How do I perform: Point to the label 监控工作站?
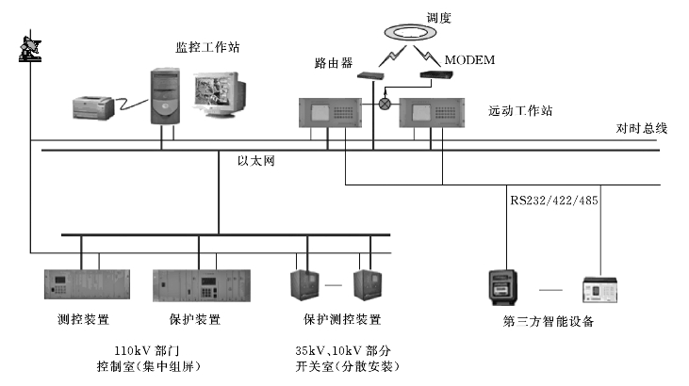coord(207,46)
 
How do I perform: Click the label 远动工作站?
coord(521,110)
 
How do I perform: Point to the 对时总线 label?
coord(642,128)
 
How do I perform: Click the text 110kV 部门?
coord(140,349)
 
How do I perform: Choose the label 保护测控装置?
coord(342,320)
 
